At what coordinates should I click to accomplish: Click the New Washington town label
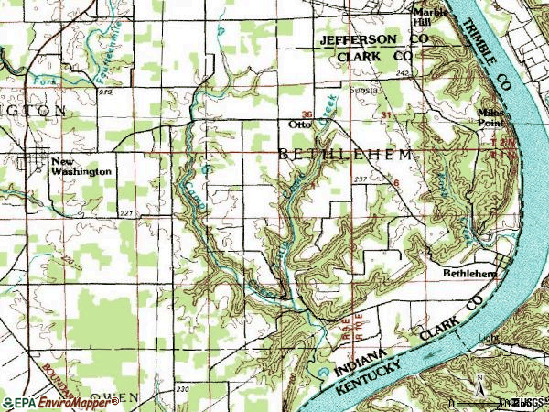click(x=81, y=165)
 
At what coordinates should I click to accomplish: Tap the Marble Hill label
click(x=429, y=17)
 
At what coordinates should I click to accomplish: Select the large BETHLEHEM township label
click(x=344, y=156)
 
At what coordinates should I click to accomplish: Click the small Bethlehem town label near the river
click(x=469, y=273)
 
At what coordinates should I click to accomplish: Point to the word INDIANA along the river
click(x=366, y=360)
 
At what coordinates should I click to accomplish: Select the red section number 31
click(x=385, y=114)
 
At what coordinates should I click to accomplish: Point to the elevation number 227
click(x=125, y=213)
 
